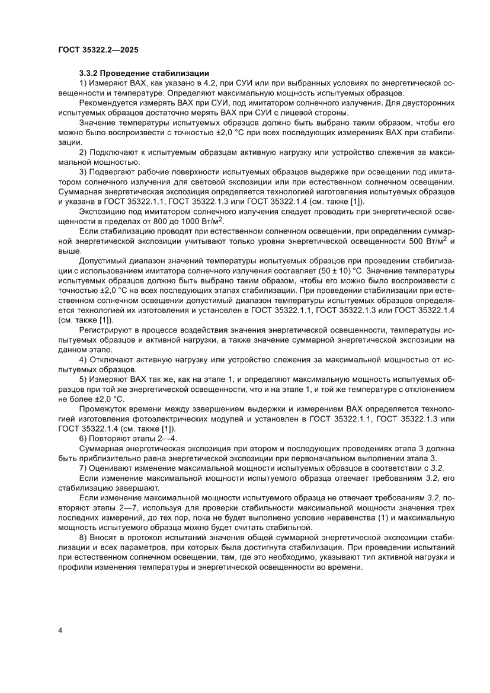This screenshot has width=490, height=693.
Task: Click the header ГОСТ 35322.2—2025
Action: (98, 50)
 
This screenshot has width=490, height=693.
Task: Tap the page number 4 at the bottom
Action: (60, 630)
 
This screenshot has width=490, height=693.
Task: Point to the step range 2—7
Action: (126, 510)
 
